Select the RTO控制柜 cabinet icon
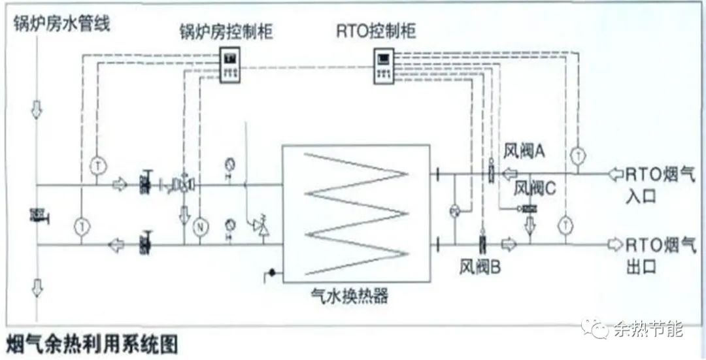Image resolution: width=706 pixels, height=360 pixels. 384,65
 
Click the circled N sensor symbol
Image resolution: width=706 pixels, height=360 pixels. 201,226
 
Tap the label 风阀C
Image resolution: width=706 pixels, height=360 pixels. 535,188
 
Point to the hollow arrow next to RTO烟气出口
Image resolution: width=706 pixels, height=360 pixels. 614,244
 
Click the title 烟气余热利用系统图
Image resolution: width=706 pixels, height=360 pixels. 92,343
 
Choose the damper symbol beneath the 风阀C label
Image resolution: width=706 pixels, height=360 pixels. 526,208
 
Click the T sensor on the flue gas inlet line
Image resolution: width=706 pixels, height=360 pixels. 577,155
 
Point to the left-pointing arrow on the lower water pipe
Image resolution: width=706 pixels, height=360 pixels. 117,245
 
